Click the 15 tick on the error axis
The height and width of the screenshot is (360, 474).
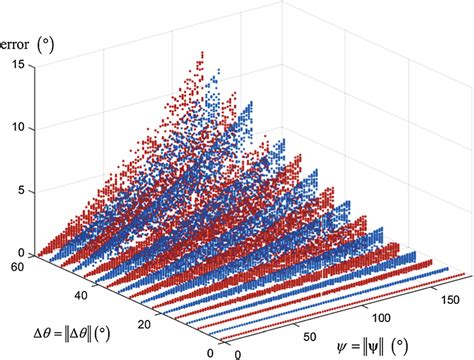pos(18,65)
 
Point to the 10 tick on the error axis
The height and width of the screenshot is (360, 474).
pos(18,128)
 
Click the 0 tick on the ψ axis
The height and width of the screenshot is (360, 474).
pos(237,353)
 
